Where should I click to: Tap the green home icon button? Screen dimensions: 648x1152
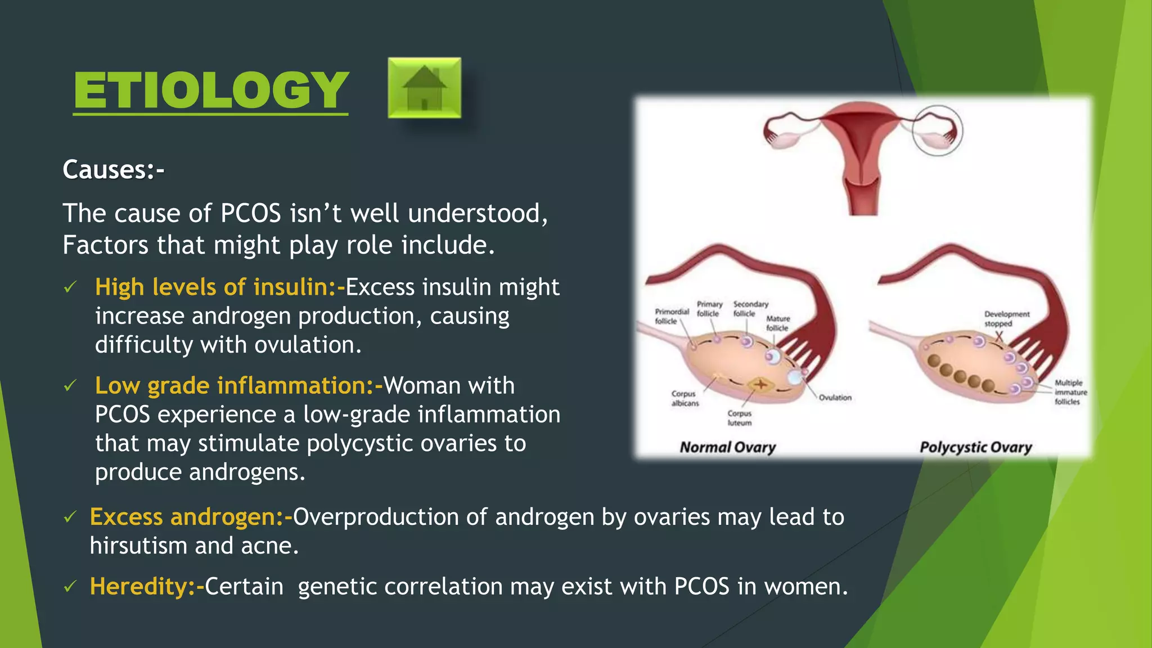[424, 88]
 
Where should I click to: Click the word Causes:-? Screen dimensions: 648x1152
[113, 170]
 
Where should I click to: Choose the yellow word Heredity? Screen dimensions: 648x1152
[138, 587]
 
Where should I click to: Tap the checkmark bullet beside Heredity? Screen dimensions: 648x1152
[70, 587]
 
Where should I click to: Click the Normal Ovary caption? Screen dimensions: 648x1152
[727, 448]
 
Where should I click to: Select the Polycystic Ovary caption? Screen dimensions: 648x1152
[975, 448]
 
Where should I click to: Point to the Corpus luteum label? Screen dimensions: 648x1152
[739, 418]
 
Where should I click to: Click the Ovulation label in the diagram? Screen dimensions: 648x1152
[835, 398]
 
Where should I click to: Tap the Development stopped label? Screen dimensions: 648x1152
[1006, 319]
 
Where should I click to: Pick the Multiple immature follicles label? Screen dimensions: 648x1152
[1070, 392]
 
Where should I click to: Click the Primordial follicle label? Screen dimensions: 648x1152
[671, 316]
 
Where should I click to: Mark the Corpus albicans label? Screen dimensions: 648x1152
[685, 398]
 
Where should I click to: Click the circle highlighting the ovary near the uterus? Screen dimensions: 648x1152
[937, 130]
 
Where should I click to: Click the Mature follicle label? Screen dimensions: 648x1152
[778, 323]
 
